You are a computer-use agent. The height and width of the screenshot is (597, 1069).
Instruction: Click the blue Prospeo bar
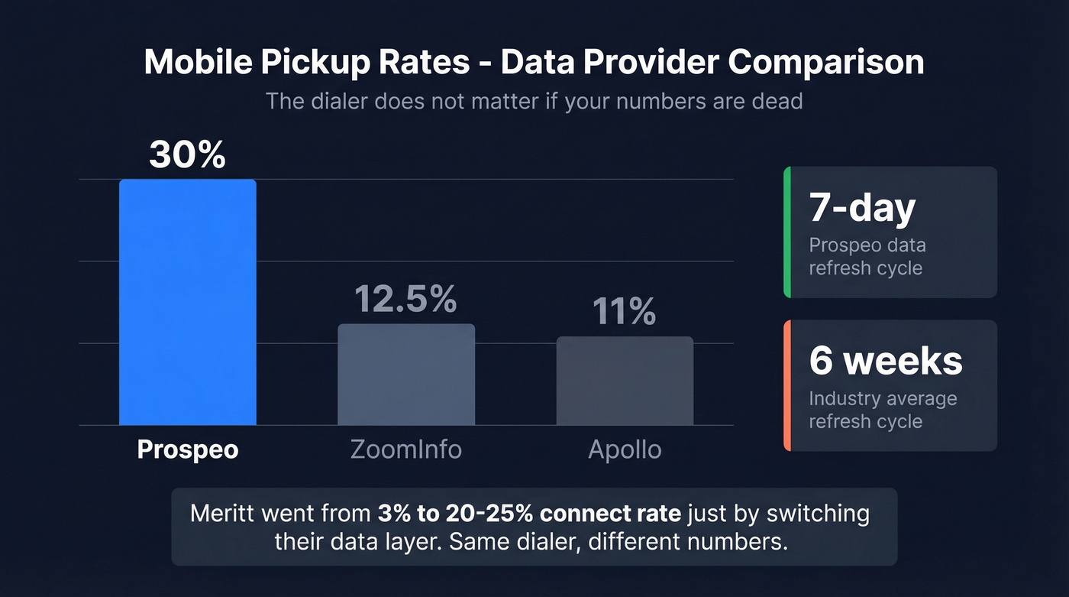click(x=187, y=302)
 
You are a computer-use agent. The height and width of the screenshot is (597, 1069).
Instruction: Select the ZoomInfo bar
click(x=406, y=375)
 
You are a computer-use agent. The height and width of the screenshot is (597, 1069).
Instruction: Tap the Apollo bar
click(x=625, y=381)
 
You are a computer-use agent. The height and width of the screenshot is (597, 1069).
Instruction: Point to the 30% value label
click(x=187, y=155)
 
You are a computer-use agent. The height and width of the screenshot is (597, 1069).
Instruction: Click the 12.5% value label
click(x=406, y=300)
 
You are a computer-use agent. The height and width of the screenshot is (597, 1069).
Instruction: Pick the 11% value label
click(x=625, y=312)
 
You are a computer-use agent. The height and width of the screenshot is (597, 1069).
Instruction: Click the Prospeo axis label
click(x=188, y=449)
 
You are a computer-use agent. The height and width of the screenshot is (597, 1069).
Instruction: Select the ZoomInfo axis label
click(x=406, y=449)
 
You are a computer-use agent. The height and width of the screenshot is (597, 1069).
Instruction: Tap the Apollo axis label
click(x=625, y=449)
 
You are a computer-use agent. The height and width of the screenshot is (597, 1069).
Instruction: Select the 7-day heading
click(x=862, y=208)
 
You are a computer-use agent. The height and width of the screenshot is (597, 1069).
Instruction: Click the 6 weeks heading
click(x=886, y=360)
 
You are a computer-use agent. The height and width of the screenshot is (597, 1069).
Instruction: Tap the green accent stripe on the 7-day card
click(x=786, y=232)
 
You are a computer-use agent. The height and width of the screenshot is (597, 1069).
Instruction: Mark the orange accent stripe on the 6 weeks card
click(x=786, y=385)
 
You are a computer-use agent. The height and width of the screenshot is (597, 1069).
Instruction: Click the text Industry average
click(x=883, y=399)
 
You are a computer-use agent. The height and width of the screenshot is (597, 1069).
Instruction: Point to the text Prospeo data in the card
click(x=867, y=245)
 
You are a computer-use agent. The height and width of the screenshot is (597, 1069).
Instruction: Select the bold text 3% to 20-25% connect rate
click(x=528, y=513)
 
